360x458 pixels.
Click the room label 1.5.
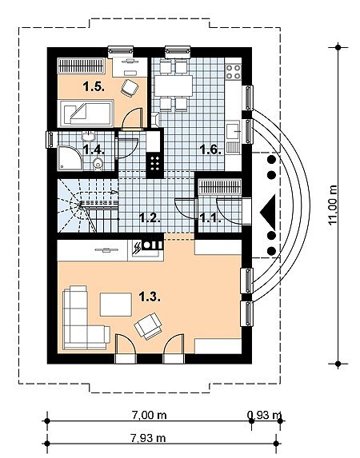pyautogui.click(x=94, y=87)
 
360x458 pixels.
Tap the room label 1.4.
pyautogui.click(x=94, y=150)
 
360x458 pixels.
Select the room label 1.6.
pyautogui.click(x=210, y=150)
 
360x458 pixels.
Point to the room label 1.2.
pyautogui.click(x=150, y=218)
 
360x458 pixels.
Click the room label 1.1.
pyautogui.click(x=210, y=218)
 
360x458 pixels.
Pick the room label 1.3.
pyautogui.click(x=150, y=297)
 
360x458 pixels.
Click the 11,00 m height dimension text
pyautogui.click(x=333, y=205)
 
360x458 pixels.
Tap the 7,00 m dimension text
pyautogui.click(x=150, y=415)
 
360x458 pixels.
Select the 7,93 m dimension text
pyautogui.click(x=148, y=438)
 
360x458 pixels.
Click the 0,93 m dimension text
pyautogui.click(x=264, y=415)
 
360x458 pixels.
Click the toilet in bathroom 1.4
pyautogui.click(x=98, y=164)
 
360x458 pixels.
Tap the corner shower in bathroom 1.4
pyautogui.click(x=70, y=158)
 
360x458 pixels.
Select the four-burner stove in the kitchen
pyautogui.click(x=234, y=72)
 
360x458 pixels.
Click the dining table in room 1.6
pyautogui.click(x=174, y=86)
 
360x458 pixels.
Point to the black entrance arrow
pyautogui.click(x=268, y=212)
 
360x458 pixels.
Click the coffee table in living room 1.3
pyautogui.click(x=116, y=305)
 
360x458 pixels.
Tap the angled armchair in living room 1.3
pyautogui.click(x=148, y=326)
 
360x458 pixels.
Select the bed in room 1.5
pyautogui.click(x=86, y=114)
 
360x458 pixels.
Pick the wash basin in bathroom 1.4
pyautogui.click(x=88, y=136)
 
